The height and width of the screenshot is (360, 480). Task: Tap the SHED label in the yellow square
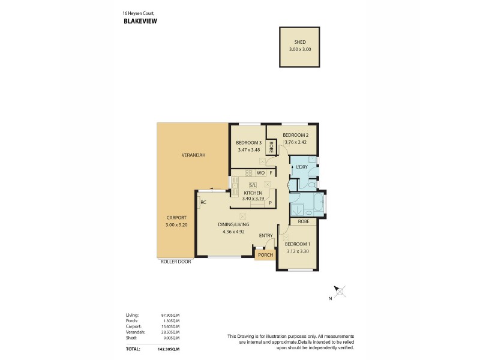(300, 43)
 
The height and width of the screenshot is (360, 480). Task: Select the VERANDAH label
(193, 155)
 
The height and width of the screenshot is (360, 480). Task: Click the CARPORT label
(176, 217)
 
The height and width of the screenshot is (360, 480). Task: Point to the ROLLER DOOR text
(176, 262)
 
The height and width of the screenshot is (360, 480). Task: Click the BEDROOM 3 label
(248, 143)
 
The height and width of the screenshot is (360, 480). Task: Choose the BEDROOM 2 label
(295, 135)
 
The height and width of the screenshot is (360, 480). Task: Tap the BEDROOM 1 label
(297, 244)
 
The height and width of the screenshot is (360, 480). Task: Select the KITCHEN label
(252, 193)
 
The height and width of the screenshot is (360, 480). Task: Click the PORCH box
(265, 255)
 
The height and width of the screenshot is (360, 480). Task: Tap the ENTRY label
(266, 235)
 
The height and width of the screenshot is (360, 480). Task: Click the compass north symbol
(340, 292)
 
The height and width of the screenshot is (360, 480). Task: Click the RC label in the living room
(203, 202)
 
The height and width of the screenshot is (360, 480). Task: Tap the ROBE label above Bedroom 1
(304, 221)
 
